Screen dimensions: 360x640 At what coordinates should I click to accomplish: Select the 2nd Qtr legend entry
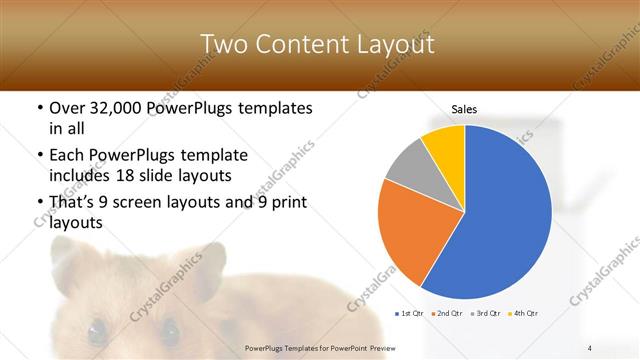pos(447,315)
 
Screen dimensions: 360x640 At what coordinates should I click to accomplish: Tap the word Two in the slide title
pos(226,44)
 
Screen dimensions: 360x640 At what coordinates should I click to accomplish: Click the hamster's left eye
pos(96,329)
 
